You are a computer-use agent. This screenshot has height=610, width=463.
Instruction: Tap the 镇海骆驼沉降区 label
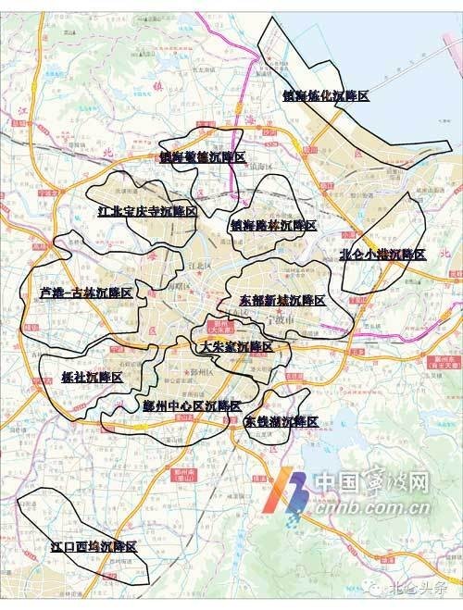click(202, 158)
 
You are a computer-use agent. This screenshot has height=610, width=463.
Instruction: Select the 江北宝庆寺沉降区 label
click(147, 212)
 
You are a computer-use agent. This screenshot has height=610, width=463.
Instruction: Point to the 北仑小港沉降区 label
click(382, 254)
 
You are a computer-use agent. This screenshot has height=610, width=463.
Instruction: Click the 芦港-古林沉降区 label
click(87, 293)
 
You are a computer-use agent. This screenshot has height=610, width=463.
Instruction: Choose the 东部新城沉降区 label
click(275, 301)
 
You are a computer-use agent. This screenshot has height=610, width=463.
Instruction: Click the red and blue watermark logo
click(294, 492)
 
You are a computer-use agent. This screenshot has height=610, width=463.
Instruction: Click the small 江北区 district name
click(197, 264)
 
